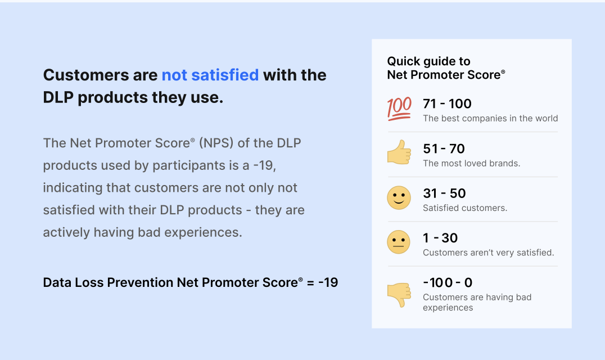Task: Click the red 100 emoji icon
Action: click(x=399, y=109)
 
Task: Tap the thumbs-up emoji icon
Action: click(x=399, y=152)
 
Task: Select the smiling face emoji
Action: click(x=399, y=198)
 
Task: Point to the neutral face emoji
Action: click(x=399, y=242)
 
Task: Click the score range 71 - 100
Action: click(x=447, y=103)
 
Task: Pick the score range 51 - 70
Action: click(x=444, y=148)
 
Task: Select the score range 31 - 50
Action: click(x=444, y=193)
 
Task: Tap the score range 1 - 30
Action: click(x=440, y=238)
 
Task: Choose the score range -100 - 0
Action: click(x=448, y=282)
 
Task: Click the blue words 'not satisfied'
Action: click(x=210, y=75)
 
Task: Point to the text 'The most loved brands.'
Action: click(x=472, y=163)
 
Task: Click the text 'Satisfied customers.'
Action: click(x=465, y=208)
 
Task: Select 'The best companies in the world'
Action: click(x=490, y=119)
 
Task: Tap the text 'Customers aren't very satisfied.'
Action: click(x=489, y=253)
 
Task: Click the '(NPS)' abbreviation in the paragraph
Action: click(x=216, y=143)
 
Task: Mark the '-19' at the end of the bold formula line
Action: click(x=328, y=282)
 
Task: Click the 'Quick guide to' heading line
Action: click(x=428, y=61)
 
